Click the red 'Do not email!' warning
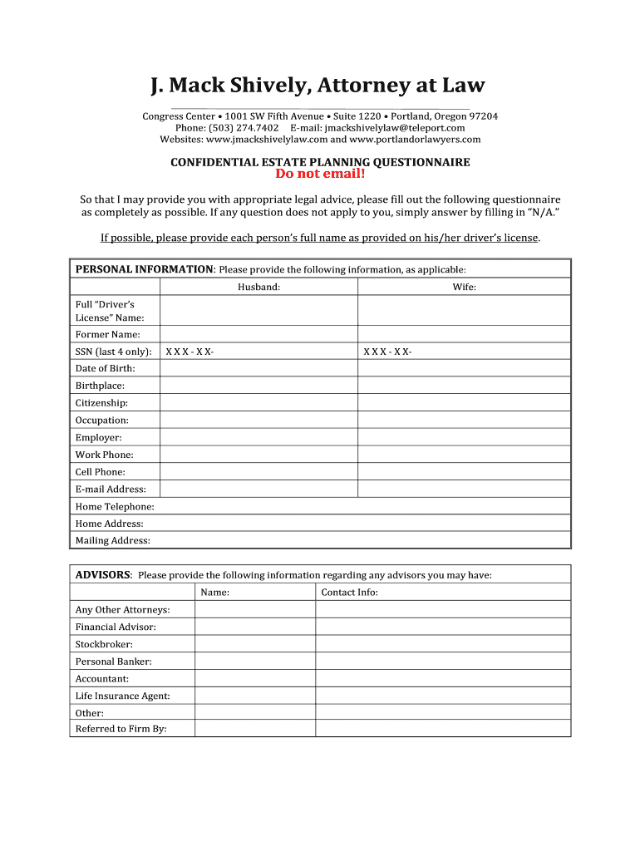pyautogui.click(x=320, y=174)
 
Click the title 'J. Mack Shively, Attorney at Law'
pyautogui.click(x=318, y=86)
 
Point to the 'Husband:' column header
pyautogui.click(x=258, y=287)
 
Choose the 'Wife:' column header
pyautogui.click(x=464, y=287)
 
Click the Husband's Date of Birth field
pyautogui.click(x=258, y=368)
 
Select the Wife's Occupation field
pyautogui.click(x=464, y=421)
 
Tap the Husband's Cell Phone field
pyautogui.click(x=258, y=472)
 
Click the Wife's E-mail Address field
pyautogui.click(x=464, y=489)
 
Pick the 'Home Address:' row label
pyautogui.click(x=109, y=524)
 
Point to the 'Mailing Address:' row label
pyautogui.click(x=113, y=541)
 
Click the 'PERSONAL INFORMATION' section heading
pyautogui.click(x=145, y=269)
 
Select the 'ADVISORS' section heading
pyautogui.click(x=103, y=575)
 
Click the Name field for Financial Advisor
pyautogui.click(x=254, y=627)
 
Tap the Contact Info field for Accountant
pyautogui.click(x=443, y=679)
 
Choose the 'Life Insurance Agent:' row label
pyautogui.click(x=122, y=696)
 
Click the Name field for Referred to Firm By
pyautogui.click(x=254, y=729)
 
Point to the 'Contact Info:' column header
pyautogui.click(x=349, y=593)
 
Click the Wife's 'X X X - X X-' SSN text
pyautogui.click(x=387, y=352)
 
